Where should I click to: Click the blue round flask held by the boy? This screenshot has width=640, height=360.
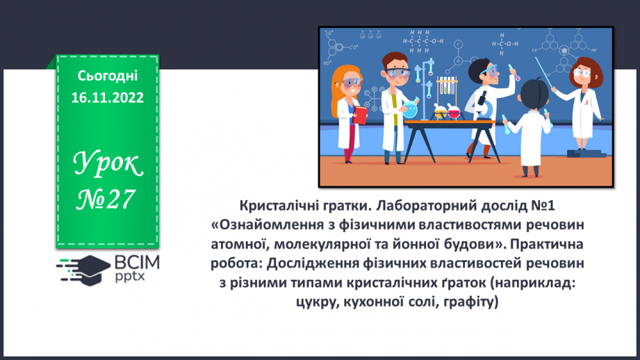411,108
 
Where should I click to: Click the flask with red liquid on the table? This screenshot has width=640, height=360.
454,112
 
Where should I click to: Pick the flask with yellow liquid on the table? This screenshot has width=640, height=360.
439,110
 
